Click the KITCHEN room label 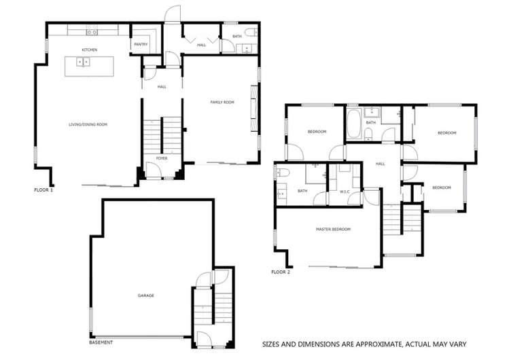(x=90, y=50)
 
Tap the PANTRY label (x=141, y=44)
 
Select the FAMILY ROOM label (x=222, y=102)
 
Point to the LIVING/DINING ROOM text (x=88, y=124)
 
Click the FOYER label (x=161, y=158)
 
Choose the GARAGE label (x=145, y=295)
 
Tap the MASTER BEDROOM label (x=333, y=230)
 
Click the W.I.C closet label (x=345, y=191)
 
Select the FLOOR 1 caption (x=43, y=190)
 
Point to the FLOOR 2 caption (x=281, y=272)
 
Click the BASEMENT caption (x=101, y=342)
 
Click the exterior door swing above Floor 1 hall (x=174, y=14)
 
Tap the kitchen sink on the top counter (x=90, y=31)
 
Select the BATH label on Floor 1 (x=236, y=36)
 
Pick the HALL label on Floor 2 (x=381, y=164)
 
